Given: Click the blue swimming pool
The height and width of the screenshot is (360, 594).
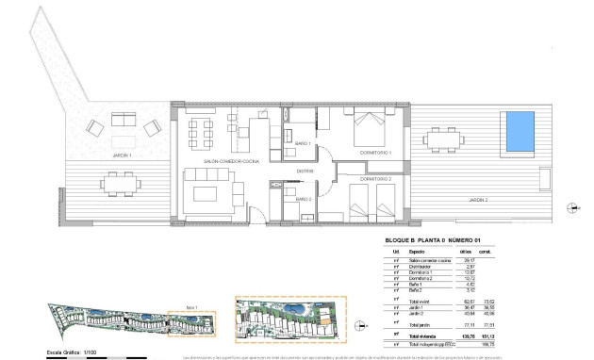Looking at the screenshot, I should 519,134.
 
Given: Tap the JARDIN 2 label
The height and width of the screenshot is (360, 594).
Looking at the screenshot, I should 480,200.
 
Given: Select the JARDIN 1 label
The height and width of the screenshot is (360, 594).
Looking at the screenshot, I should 95,155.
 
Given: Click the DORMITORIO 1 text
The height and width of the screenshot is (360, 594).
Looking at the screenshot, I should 374,153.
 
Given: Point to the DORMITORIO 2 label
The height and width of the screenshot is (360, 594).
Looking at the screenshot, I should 374,178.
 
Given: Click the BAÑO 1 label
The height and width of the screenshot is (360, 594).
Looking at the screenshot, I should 304,143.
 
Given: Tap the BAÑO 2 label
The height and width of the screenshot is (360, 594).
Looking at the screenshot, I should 304,200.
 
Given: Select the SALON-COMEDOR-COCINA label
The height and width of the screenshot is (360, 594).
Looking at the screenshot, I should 218,162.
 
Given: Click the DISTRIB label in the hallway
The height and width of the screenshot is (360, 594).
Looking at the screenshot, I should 305,171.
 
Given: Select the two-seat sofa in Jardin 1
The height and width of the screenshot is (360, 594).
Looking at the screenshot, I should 123,121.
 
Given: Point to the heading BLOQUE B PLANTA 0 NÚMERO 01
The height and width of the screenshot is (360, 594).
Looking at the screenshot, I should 433,241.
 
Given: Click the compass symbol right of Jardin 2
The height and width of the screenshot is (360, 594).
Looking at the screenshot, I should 569,207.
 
